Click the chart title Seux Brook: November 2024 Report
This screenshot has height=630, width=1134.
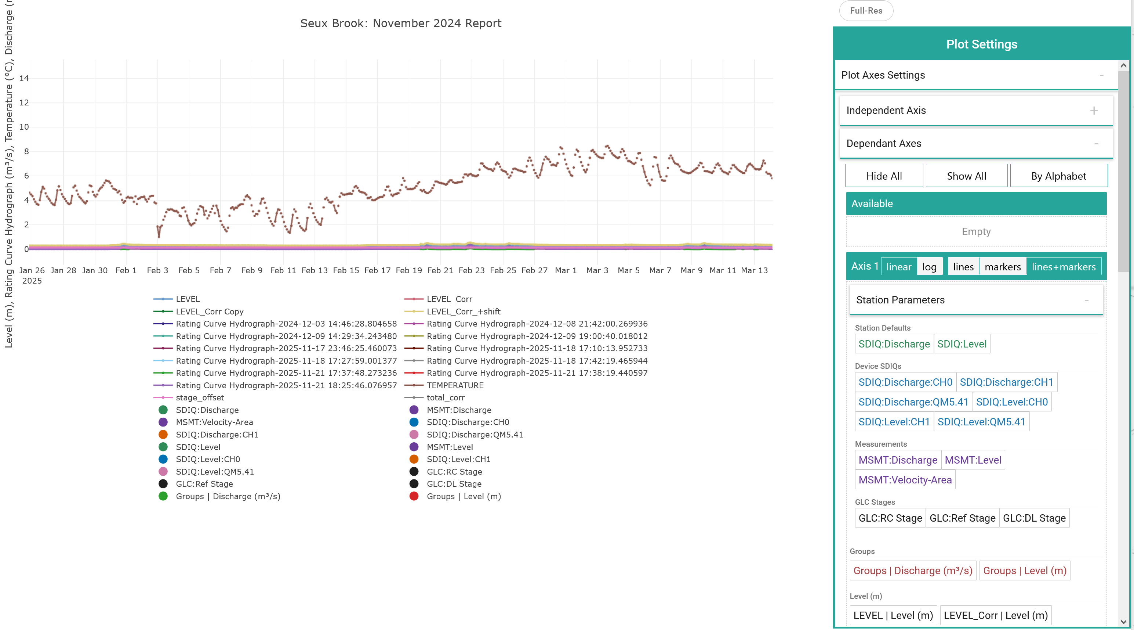tap(401, 24)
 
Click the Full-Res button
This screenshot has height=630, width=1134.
tap(866, 11)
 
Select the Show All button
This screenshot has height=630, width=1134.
tap(966, 176)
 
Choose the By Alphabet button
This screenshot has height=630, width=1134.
tap(1058, 176)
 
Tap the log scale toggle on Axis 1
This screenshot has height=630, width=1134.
tap(929, 267)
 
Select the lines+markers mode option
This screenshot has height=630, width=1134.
tap(1064, 267)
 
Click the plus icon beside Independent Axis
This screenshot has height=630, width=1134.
tap(1094, 111)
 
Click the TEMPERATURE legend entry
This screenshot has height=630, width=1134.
tap(455, 385)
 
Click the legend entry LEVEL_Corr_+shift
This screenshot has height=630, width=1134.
tap(463, 312)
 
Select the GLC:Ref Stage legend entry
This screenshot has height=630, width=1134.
tap(204, 484)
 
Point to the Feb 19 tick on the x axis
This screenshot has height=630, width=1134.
tap(408, 270)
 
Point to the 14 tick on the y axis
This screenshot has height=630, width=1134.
tap(24, 78)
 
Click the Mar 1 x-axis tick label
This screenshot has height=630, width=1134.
tap(566, 270)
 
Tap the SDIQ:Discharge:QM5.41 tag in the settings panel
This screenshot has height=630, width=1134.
tap(913, 402)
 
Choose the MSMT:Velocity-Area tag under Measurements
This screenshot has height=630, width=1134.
tap(905, 480)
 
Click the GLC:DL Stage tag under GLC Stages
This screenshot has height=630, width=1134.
tap(1034, 518)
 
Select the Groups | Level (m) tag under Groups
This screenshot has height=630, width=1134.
tap(1024, 570)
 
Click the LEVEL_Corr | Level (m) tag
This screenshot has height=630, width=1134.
tap(995, 615)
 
